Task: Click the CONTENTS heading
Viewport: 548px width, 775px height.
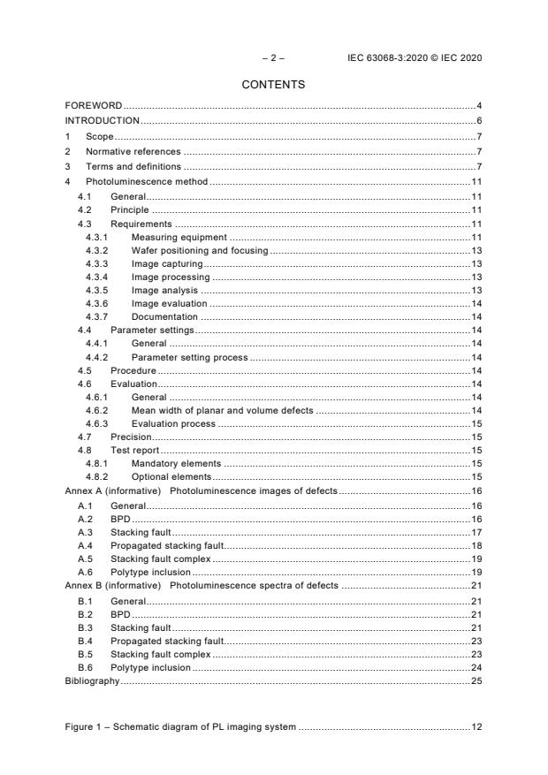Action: (x=273, y=85)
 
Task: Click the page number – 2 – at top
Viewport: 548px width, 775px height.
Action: (x=273, y=58)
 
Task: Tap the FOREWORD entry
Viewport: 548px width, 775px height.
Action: (x=93, y=106)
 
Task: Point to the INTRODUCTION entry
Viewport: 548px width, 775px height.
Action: (x=102, y=120)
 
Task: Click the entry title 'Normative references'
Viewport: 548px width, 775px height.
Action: (x=133, y=151)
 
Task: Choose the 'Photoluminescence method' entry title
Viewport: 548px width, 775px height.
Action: (x=146, y=181)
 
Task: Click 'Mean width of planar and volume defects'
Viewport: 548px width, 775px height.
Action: (x=223, y=411)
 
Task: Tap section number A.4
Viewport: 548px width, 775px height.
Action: (x=85, y=546)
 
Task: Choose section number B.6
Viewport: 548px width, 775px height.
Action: (x=85, y=668)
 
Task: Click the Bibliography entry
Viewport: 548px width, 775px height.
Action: (x=92, y=682)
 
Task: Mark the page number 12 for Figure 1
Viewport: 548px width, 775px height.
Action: (x=476, y=726)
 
